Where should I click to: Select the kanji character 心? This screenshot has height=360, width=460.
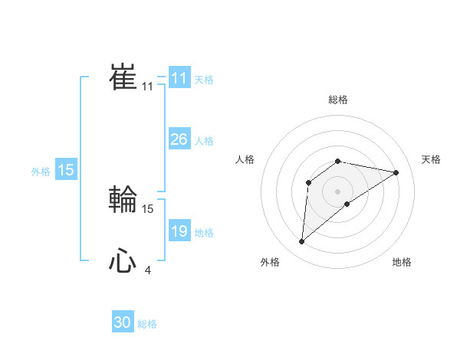tap(123, 262)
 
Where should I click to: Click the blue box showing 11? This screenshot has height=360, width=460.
tap(179, 78)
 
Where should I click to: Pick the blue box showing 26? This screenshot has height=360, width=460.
tap(179, 139)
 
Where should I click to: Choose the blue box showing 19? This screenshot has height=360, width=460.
tap(179, 231)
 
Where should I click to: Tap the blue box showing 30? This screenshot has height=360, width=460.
tap(123, 322)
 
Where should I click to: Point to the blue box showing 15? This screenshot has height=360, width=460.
tap(66, 170)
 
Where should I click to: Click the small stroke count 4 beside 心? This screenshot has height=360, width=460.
tap(147, 270)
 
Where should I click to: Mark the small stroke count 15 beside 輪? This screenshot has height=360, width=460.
tap(148, 208)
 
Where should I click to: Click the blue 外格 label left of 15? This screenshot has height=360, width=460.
tap(41, 172)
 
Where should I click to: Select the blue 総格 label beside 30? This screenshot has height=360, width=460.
tap(147, 324)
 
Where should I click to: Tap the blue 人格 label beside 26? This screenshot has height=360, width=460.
tap(204, 141)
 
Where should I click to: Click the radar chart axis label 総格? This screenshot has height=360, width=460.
tap(337, 100)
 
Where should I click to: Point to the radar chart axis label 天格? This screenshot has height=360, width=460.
tap(432, 159)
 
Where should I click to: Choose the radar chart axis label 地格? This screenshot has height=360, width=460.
tap(402, 262)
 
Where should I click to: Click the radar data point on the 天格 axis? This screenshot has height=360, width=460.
tap(396, 172)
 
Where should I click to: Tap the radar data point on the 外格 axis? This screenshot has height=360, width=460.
tap(302, 242)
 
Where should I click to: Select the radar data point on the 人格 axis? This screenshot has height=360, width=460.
tap(308, 182)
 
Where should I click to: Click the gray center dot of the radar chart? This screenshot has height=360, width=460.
tap(337, 191)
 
